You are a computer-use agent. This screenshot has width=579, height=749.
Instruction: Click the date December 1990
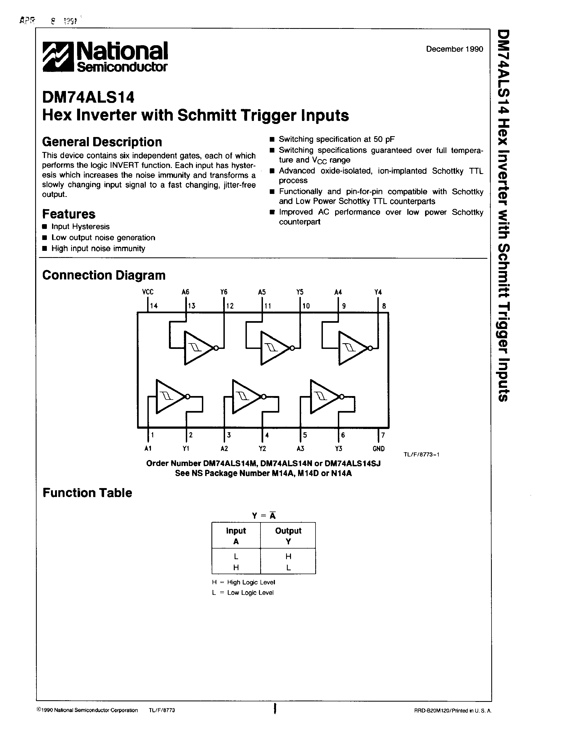click(454, 49)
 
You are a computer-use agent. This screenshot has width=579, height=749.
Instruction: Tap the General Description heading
click(102, 142)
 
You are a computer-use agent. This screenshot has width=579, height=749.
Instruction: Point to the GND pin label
click(378, 449)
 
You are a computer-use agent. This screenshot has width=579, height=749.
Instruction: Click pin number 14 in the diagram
click(154, 306)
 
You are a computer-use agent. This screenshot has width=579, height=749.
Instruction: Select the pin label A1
click(148, 449)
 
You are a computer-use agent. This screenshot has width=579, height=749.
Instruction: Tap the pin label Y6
click(224, 292)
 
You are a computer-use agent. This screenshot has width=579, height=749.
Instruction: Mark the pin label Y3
click(339, 449)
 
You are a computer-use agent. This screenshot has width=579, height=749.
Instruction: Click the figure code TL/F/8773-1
click(421, 455)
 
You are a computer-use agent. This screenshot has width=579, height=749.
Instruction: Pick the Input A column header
click(236, 536)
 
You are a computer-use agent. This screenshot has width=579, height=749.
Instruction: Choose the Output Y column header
click(288, 536)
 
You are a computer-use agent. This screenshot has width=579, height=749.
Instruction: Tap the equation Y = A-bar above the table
click(264, 516)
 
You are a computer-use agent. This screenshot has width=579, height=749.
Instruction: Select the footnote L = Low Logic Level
click(243, 593)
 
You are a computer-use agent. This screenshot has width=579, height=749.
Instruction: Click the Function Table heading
click(87, 493)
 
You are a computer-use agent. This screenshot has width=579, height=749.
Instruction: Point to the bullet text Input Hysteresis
click(80, 227)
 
